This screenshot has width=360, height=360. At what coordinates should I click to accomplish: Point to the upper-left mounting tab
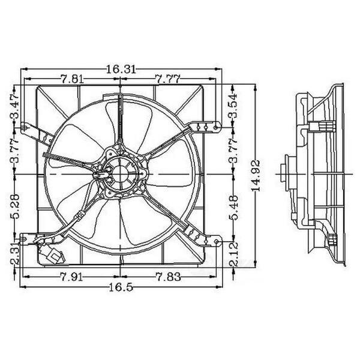coord(28,127)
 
